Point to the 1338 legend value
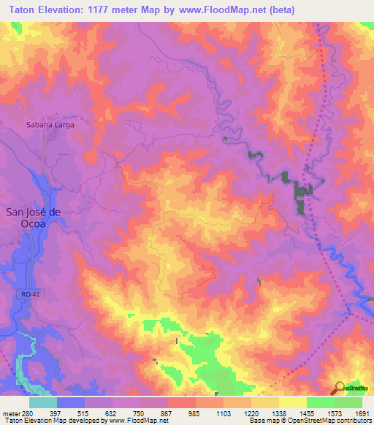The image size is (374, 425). point(279,413)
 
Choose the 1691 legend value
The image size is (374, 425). point(362,413)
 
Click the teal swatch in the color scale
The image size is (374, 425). point(42,402)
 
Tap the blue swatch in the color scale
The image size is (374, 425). point(71,402)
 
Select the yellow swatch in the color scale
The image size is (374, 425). point(292,402)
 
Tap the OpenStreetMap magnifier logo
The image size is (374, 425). point(340,388)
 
